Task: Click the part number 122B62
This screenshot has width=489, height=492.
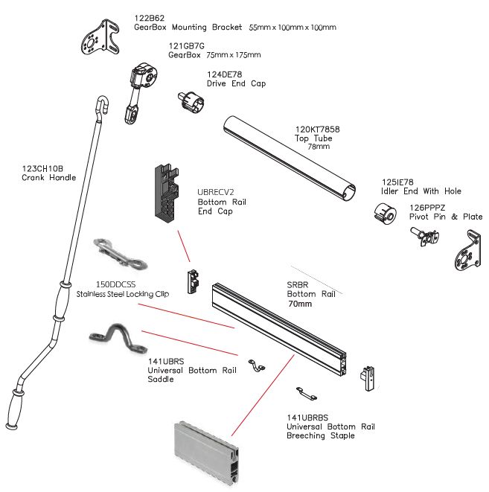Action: point(149,16)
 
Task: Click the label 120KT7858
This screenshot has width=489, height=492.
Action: point(317,129)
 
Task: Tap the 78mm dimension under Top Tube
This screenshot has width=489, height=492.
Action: point(318,147)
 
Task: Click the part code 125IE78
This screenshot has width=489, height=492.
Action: point(398,182)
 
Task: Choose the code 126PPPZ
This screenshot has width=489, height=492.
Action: point(424,207)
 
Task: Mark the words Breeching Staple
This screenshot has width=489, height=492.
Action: point(321,435)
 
